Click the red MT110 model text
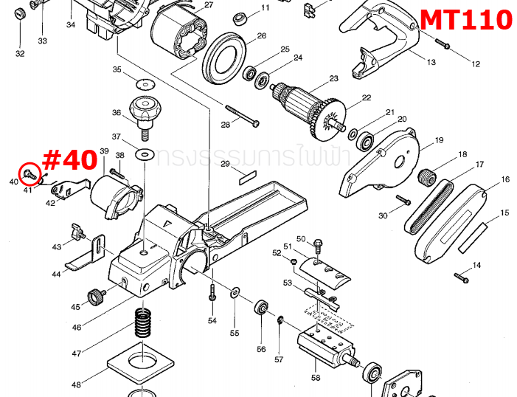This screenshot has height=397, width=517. (x=465, y=18)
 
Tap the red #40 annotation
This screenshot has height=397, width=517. (x=70, y=159)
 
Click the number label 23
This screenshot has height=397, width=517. (x=333, y=78)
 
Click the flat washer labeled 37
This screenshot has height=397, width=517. (x=145, y=154)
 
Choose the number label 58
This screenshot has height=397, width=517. (x=316, y=377)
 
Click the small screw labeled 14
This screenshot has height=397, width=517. (x=461, y=277)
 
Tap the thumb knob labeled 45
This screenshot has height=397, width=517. (x=96, y=297)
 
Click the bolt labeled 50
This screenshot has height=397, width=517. (x=318, y=244)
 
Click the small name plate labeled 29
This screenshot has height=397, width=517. (x=246, y=177)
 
